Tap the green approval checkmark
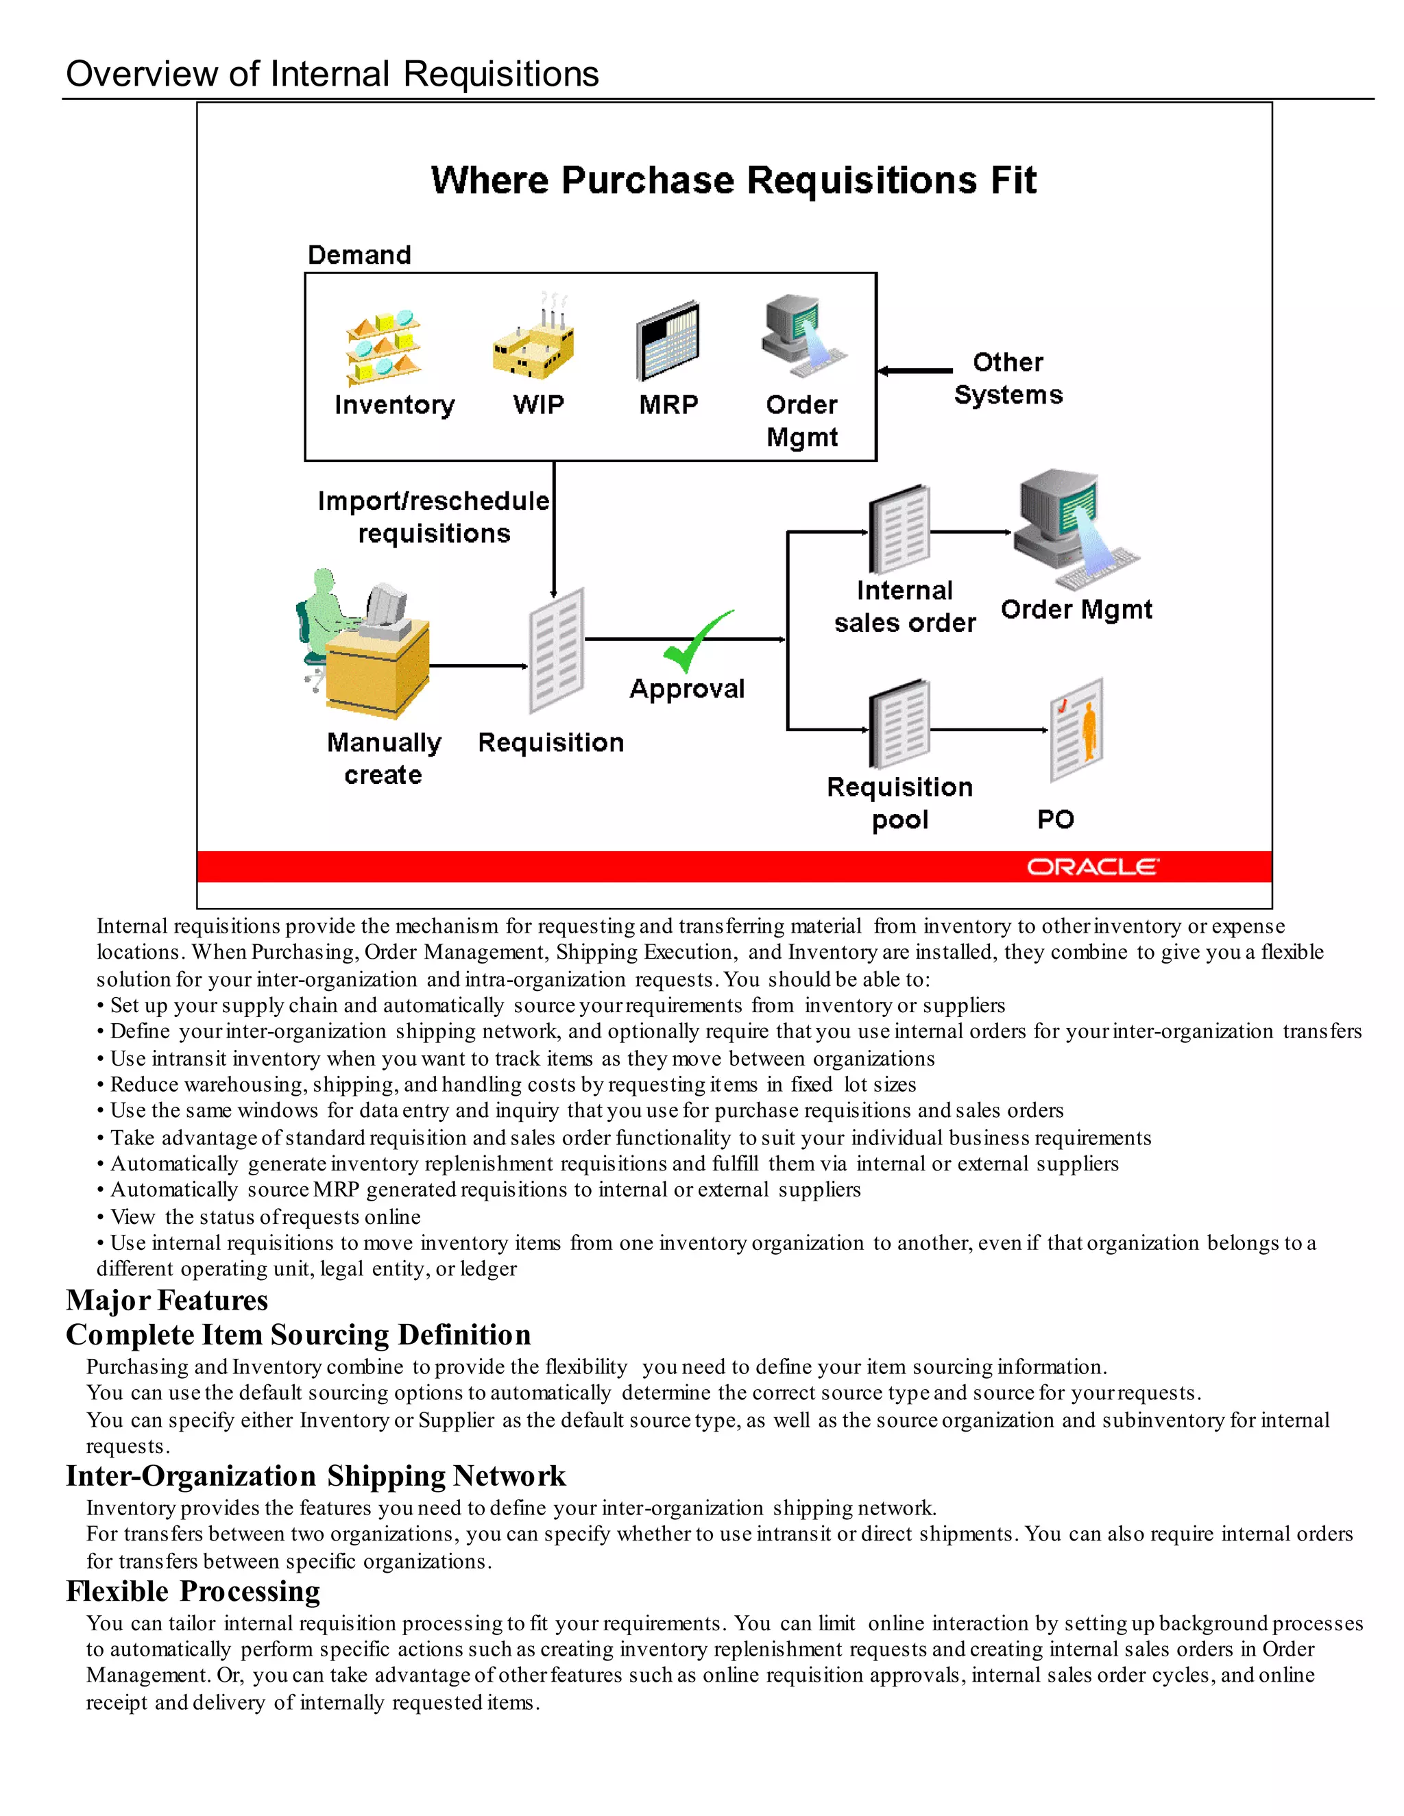pyautogui.click(x=697, y=641)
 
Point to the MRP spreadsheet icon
pyautogui.click(x=667, y=341)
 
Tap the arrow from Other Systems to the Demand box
pyautogui.click(x=915, y=371)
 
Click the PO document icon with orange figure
pyautogui.click(x=1076, y=729)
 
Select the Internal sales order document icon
pyautogui.click(x=899, y=529)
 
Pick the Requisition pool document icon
pyautogui.click(x=899, y=724)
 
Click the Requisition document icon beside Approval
pyautogui.click(x=557, y=650)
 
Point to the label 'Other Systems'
pyautogui.click(x=1007, y=378)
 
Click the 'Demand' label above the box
pyautogui.click(x=359, y=254)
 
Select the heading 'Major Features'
pyautogui.click(x=167, y=1299)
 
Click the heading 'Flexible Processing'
pyautogui.click(x=193, y=1591)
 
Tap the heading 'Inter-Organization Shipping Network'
pyautogui.click(x=315, y=1476)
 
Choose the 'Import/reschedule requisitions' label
pyautogui.click(x=433, y=517)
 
